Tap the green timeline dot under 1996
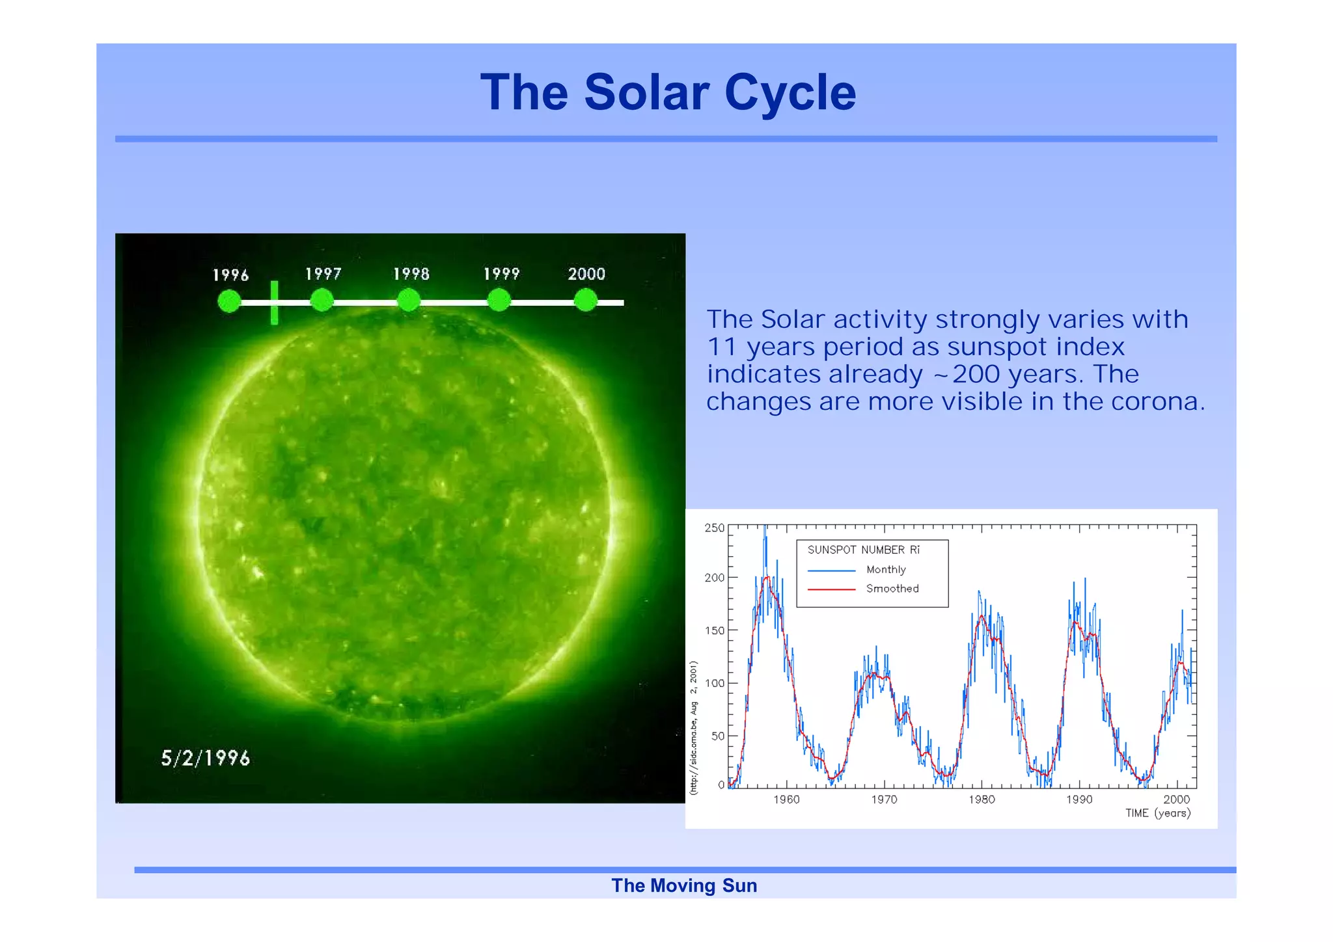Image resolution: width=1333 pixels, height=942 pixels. click(x=229, y=301)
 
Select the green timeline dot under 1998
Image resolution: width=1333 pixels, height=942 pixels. click(x=409, y=301)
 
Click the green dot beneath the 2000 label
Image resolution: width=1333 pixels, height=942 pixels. click(x=586, y=301)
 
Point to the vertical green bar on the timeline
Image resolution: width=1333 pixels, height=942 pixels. click(x=275, y=303)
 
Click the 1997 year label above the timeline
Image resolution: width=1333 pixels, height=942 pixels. click(x=323, y=274)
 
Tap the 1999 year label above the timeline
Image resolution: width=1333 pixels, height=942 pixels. click(x=501, y=274)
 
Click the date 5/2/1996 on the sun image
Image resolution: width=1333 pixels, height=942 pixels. click(x=205, y=759)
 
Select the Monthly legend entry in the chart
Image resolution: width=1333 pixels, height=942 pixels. click(x=885, y=570)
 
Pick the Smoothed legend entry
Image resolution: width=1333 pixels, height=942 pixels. click(x=892, y=589)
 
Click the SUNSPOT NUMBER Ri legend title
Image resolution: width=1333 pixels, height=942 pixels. click(x=863, y=550)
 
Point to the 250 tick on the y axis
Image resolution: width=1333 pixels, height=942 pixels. click(x=714, y=528)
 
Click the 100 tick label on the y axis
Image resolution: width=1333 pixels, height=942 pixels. click(x=714, y=683)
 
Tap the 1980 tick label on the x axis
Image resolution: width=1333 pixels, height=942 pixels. click(x=981, y=800)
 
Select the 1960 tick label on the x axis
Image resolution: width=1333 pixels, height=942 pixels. click(x=786, y=800)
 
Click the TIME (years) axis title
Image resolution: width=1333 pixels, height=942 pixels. click(x=1158, y=813)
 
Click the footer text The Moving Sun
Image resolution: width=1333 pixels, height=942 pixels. click(x=684, y=886)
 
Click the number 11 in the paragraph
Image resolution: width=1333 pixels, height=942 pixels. click(x=722, y=347)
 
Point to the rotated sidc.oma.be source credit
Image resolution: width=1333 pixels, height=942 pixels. click(x=694, y=729)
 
